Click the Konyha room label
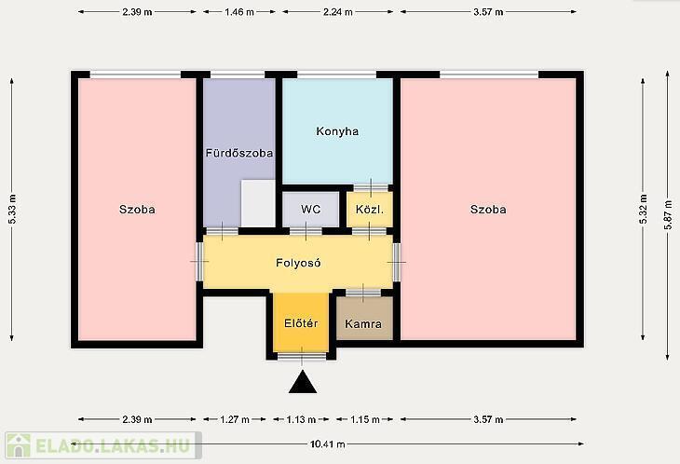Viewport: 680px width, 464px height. (x=337, y=131)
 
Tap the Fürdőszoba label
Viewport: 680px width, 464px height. (x=239, y=153)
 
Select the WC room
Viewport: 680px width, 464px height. (x=310, y=210)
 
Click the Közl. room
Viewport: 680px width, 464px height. (x=370, y=210)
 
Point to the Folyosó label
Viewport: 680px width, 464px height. (x=298, y=263)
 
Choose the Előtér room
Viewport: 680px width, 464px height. (x=301, y=322)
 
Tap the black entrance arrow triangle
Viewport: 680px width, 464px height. (x=303, y=382)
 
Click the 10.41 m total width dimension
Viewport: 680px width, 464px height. (x=327, y=444)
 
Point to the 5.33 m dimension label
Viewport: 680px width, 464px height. (x=13, y=209)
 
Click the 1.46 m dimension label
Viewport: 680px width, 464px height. (x=239, y=12)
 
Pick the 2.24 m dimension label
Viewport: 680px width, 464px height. (x=337, y=12)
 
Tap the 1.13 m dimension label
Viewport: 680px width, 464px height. (x=301, y=419)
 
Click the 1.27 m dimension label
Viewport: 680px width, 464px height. (x=235, y=419)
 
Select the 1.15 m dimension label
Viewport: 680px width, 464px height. (x=365, y=419)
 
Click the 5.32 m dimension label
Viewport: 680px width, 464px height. (x=644, y=209)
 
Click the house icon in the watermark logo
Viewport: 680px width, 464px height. (x=19, y=445)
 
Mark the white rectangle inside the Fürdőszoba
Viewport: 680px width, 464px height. (x=258, y=203)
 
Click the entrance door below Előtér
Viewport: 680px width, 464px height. (x=302, y=357)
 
